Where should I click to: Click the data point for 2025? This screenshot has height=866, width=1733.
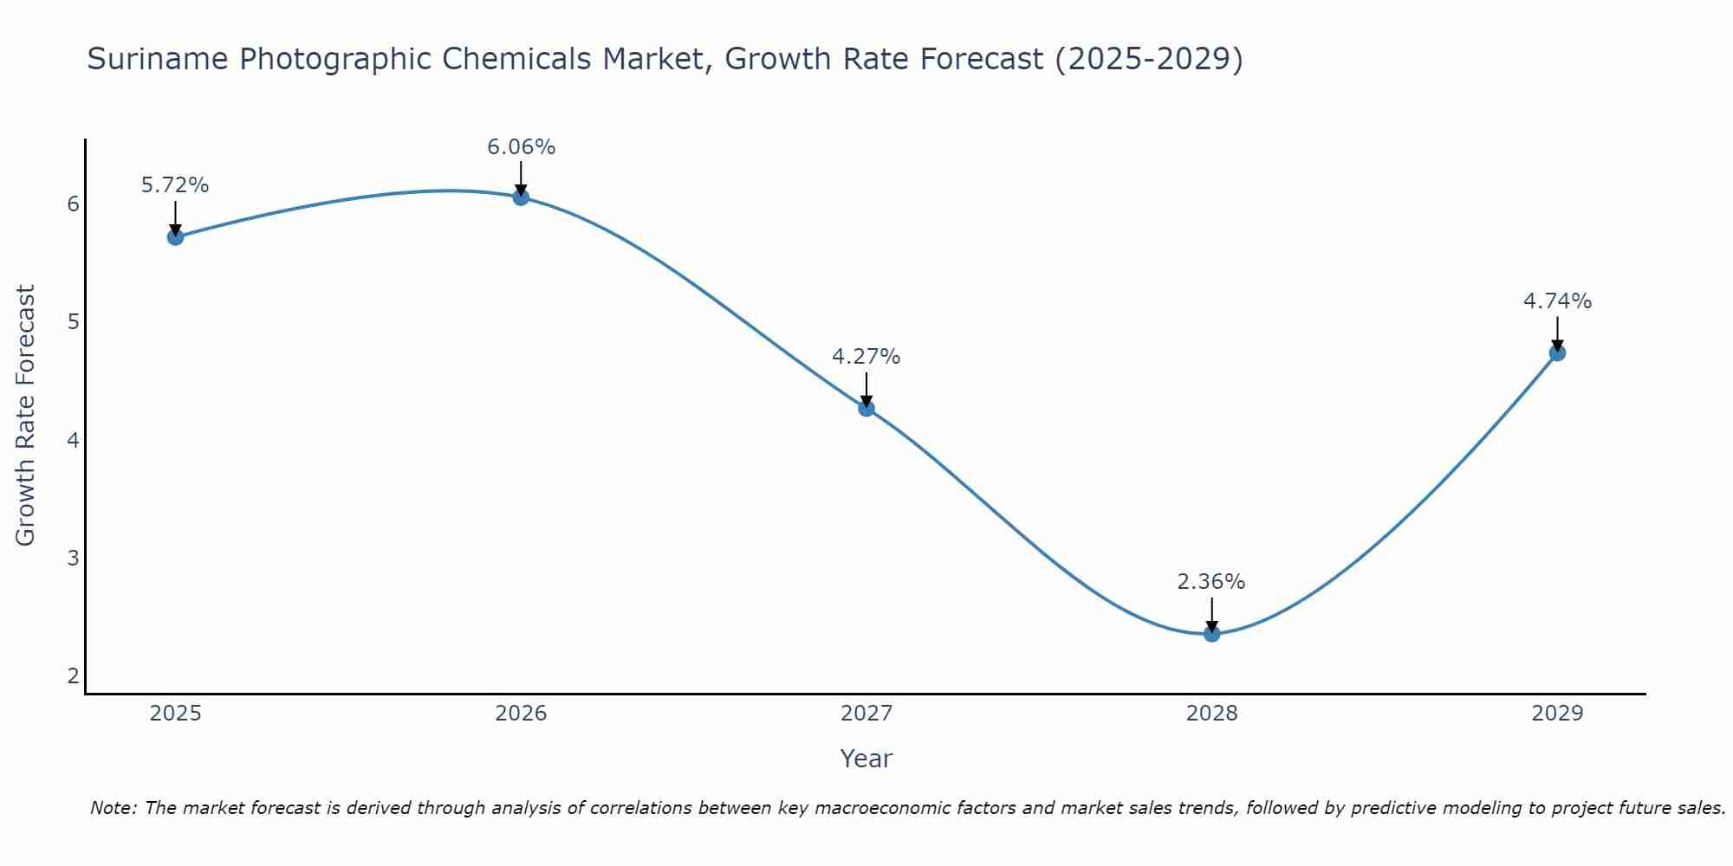tap(175, 236)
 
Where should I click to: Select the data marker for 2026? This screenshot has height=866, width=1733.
tap(521, 197)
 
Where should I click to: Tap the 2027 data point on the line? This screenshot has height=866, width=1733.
tap(866, 408)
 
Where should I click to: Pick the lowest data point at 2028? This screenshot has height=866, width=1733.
tap(1211, 634)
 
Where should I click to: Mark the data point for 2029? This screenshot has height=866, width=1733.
tap(1557, 352)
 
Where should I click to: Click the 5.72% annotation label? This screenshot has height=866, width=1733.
tap(175, 185)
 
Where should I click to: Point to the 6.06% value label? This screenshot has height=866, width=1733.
tap(521, 147)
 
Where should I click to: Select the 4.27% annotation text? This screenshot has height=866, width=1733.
tap(866, 357)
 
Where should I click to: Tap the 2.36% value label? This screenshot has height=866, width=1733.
tap(1211, 582)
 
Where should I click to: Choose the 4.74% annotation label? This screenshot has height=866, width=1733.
tap(1557, 301)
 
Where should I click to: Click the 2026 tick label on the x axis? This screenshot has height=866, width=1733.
tap(521, 714)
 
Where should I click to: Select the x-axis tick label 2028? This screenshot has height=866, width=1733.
tap(1211, 714)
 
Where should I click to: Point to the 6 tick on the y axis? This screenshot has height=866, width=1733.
tap(73, 204)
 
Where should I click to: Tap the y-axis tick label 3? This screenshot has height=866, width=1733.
tap(73, 558)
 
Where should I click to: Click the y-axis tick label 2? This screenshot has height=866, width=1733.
tap(73, 675)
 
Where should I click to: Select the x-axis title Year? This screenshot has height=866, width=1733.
tap(866, 759)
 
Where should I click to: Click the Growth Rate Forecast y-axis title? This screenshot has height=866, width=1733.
tap(26, 416)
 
